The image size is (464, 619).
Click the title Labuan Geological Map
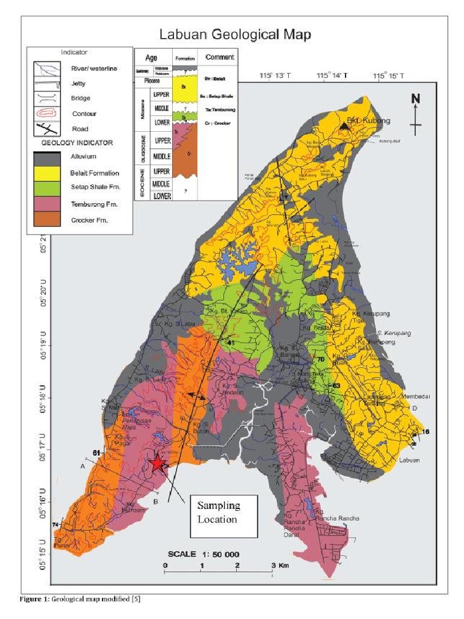tap(235, 34)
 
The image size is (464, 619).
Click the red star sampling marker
tap(158, 463)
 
